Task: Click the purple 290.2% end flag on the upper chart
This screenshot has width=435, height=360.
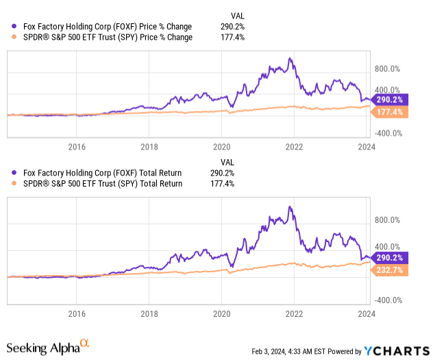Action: (389, 99)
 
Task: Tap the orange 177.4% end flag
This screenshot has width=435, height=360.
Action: (389, 112)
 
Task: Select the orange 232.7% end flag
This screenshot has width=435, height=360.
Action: (389, 270)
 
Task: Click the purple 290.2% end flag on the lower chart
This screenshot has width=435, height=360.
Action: (389, 258)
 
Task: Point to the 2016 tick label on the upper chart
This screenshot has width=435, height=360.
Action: (77, 147)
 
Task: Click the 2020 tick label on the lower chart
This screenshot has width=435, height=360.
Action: (222, 314)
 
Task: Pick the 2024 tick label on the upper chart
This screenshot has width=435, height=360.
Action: (366, 147)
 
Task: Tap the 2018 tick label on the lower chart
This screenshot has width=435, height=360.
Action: (149, 314)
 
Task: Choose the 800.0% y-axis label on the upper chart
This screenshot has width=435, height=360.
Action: (387, 69)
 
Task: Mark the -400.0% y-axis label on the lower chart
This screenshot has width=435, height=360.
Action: (388, 300)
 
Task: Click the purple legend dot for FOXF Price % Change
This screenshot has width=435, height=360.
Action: (14, 26)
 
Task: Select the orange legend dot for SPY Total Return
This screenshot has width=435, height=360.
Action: (14, 183)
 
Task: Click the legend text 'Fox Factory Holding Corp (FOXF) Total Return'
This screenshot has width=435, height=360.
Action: (102, 173)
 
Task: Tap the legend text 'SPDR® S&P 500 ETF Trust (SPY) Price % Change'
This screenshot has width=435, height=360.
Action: (108, 37)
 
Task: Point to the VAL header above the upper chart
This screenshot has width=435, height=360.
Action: (238, 16)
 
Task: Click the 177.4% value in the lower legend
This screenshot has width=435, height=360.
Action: (222, 184)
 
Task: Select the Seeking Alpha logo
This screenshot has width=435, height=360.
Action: (48, 347)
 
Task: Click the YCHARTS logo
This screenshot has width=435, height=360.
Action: (397, 351)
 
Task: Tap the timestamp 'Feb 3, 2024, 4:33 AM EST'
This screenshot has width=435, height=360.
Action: (288, 351)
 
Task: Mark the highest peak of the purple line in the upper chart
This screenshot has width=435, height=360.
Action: (290, 58)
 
